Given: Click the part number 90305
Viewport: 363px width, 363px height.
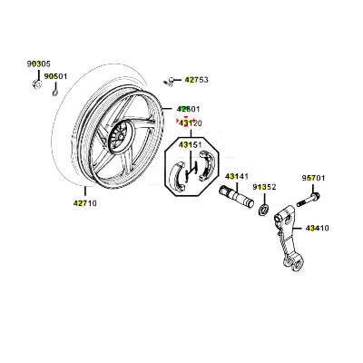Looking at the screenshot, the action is point(39,64).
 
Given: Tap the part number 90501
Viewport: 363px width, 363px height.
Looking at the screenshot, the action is point(55,76).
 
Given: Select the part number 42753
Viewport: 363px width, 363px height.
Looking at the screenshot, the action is point(197,80).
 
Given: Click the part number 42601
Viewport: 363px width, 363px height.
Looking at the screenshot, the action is point(189,109).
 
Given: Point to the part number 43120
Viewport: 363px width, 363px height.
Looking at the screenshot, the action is point(191,123).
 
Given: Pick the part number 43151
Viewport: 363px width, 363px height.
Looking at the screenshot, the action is point(190,145).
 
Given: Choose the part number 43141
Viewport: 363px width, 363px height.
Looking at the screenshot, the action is point(236,176).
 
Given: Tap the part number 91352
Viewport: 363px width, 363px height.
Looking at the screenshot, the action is point(265,187).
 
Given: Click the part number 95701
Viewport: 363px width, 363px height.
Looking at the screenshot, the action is point(313,178).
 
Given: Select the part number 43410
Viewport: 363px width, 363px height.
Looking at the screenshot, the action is point(318,228).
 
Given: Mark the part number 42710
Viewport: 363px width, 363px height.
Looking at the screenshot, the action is point(85,203).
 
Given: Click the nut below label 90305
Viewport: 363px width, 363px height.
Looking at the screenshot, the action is point(36,84).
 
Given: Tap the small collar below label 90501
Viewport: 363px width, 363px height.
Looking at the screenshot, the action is point(55,92).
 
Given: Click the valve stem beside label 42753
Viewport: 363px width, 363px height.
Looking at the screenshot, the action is point(169,81).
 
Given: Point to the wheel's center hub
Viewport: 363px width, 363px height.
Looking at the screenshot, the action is point(120,135).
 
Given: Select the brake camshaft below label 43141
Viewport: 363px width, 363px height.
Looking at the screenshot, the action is point(236,197).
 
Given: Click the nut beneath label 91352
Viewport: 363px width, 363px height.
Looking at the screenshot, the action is point(264,210).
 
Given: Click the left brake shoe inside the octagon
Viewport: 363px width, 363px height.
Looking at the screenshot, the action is point(180,177).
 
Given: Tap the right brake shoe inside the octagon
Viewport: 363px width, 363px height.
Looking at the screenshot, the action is point(206,166).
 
